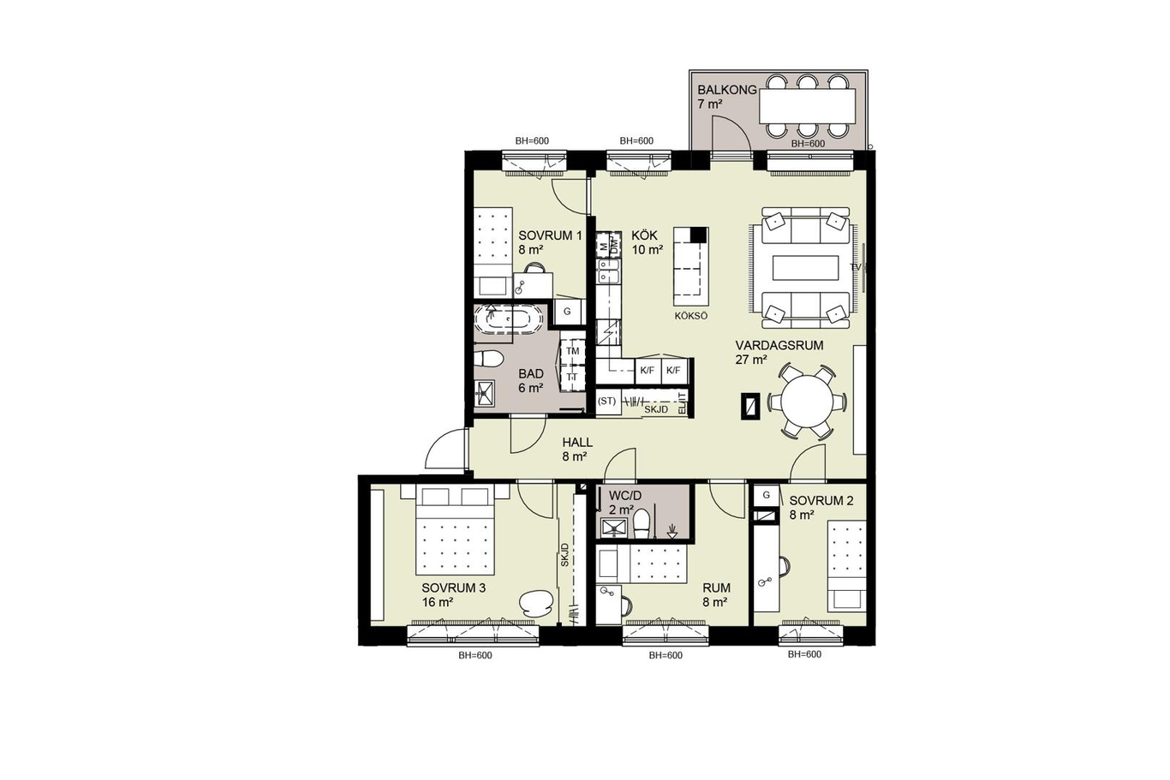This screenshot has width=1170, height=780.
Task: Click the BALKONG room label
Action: click(727, 90)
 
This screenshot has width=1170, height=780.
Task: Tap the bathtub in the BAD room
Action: click(501, 319)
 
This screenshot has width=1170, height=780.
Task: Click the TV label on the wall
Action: click(855, 267)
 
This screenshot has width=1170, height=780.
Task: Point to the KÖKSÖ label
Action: click(691, 316)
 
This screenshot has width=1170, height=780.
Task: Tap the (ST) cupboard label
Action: click(607, 401)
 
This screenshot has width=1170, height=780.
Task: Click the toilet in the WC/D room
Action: click(641, 522)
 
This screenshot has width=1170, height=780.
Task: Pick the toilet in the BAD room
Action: click(488, 359)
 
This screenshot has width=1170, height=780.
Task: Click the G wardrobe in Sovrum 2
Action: click(767, 495)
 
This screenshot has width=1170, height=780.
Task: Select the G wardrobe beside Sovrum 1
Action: click(567, 312)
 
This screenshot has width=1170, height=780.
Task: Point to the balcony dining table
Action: click(808, 106)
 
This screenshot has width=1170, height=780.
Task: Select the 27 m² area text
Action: click(751, 360)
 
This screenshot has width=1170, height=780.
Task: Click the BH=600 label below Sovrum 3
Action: click(475, 656)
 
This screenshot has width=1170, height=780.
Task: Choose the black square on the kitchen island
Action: click(699, 235)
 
